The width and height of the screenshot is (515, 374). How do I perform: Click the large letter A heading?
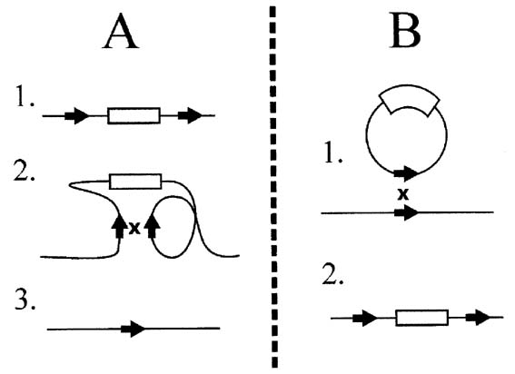tap(121, 32)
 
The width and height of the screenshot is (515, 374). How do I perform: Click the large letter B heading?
tap(405, 32)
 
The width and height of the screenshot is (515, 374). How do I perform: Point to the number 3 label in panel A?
tap(25, 299)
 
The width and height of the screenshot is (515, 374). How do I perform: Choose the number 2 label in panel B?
tap(332, 274)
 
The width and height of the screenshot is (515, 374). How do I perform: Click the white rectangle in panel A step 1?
tap(134, 115)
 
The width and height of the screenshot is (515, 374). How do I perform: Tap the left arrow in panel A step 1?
tap(77, 115)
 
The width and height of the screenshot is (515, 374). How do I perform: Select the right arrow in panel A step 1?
tap(190, 115)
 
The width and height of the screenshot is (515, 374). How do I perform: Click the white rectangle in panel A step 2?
tap(135, 182)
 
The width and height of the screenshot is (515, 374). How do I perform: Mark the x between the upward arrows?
tap(134, 228)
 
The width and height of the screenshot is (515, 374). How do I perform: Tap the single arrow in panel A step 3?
tap(133, 329)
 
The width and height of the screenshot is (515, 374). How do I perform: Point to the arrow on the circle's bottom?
tap(406, 173)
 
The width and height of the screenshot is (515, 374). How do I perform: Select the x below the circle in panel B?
tap(403, 194)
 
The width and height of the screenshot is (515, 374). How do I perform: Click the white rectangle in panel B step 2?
tap(422, 318)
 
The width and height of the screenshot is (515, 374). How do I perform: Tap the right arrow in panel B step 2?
tap(478, 318)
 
